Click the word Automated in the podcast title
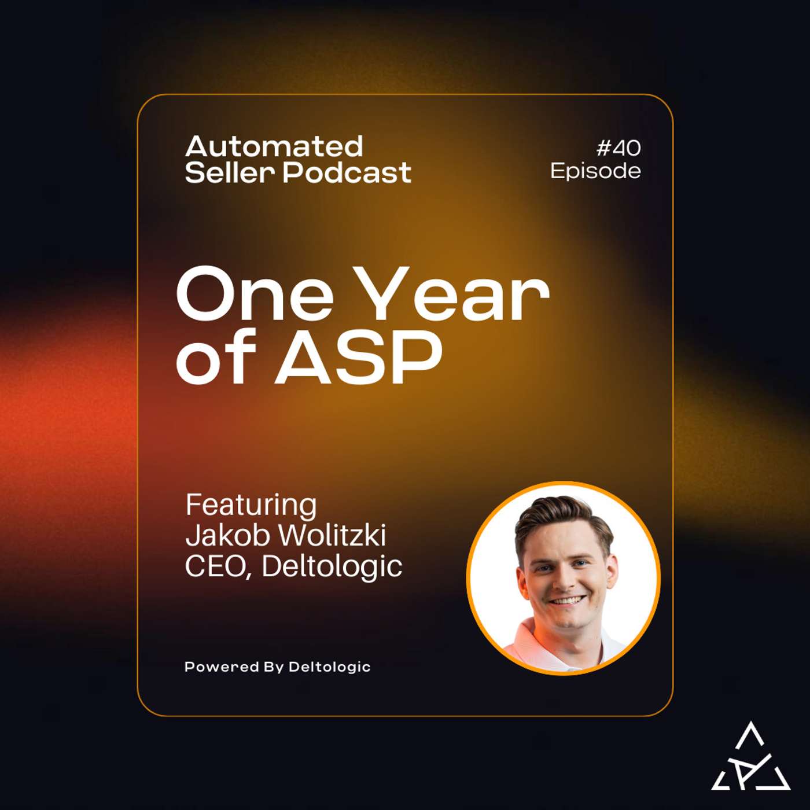[x=274, y=147]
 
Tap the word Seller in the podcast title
[x=229, y=172]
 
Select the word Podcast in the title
[x=347, y=172]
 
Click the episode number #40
[x=618, y=148]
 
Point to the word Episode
[x=595, y=171]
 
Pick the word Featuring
[x=251, y=505]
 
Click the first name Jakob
[x=228, y=535]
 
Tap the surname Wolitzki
[x=332, y=535]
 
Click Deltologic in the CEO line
[x=332, y=566]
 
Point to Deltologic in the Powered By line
[x=329, y=667]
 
